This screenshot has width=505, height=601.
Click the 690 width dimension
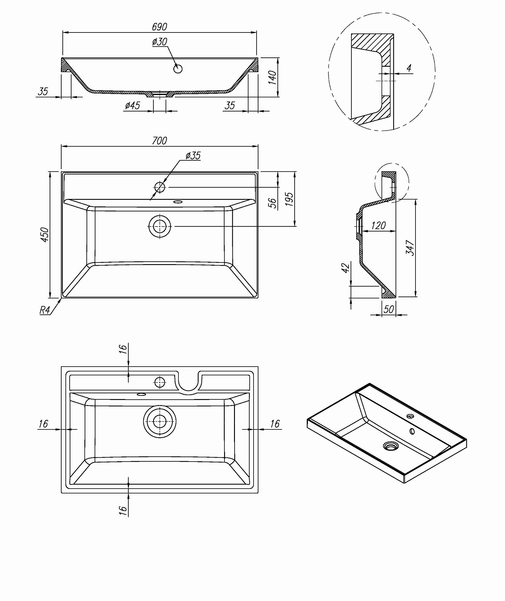click(159, 27)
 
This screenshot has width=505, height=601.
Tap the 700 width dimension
click(159, 141)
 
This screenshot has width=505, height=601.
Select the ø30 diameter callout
click(160, 41)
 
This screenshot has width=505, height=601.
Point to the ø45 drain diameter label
click(132, 105)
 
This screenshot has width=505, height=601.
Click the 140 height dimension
click(272, 77)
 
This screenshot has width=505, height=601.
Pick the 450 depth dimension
click(44, 235)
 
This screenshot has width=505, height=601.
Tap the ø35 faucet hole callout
click(193, 155)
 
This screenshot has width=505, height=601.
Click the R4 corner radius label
click(45, 310)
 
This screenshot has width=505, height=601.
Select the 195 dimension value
click(289, 199)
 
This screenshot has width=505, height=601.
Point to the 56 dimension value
click(272, 203)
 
